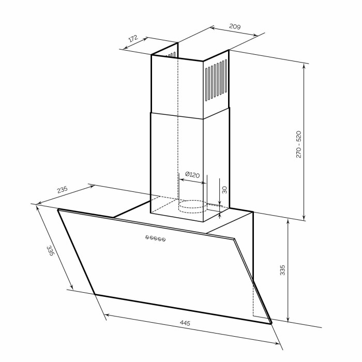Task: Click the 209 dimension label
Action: point(235,26)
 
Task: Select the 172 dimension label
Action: point(133,38)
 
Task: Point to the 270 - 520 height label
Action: point(299,144)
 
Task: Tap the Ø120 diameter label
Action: point(192,175)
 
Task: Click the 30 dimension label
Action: point(224,190)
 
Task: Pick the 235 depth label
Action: point(63,190)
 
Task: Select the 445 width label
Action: point(185,323)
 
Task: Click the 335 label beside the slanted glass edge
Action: point(50,251)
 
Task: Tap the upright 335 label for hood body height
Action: point(282,270)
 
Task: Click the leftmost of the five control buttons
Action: point(147,237)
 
